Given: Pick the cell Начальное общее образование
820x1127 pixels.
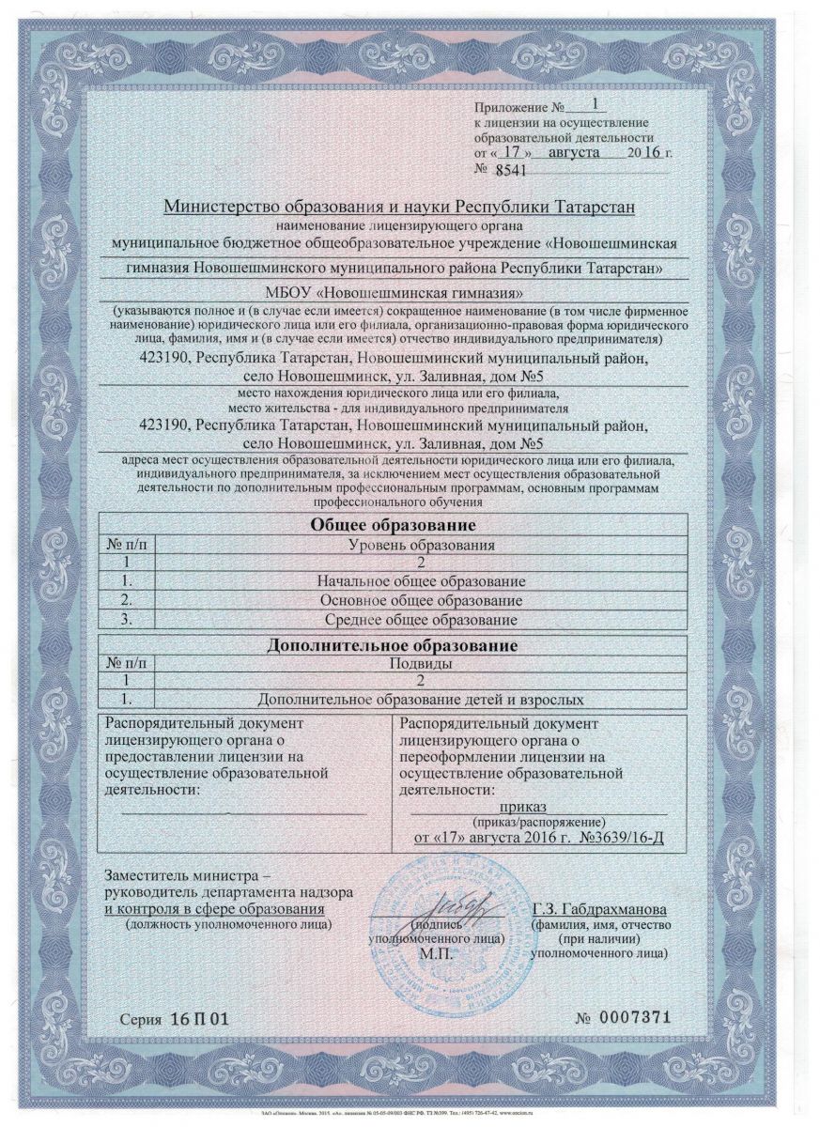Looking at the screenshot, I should coord(421,581).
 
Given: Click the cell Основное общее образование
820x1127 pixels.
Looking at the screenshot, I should coord(421,600).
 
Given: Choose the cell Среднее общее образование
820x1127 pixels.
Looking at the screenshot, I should coord(421,620).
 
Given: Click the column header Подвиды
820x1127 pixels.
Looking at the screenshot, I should coord(421,663).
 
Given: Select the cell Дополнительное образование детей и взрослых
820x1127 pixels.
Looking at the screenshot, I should coord(421,700).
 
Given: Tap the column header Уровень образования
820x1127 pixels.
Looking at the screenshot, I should coord(421,544).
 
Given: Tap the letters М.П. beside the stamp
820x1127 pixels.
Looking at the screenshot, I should coord(437,951).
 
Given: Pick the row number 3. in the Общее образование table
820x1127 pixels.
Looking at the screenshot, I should coord(132,620).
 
